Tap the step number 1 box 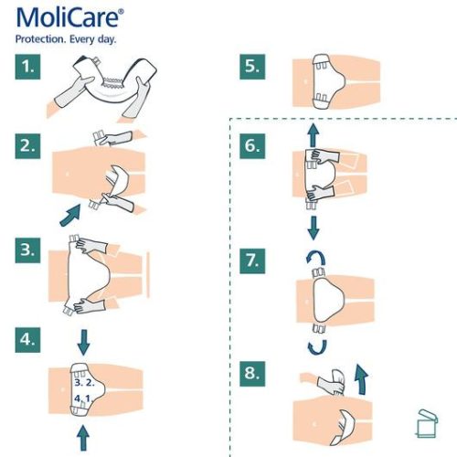coord(30,67)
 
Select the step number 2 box coord(30,145)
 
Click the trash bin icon coord(424,420)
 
